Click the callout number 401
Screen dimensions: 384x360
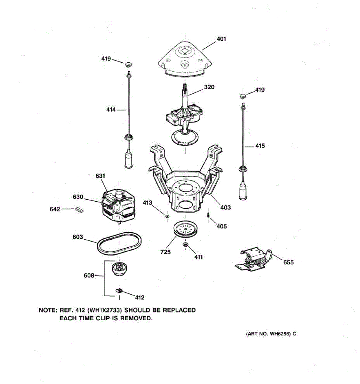(x=221, y=39)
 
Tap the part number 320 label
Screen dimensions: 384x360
(x=209, y=87)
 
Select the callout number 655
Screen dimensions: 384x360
(x=288, y=262)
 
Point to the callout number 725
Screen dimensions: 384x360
(x=165, y=252)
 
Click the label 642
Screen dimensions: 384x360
(x=55, y=209)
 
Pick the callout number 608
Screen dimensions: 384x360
(x=89, y=276)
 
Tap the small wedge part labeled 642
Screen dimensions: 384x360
(x=79, y=210)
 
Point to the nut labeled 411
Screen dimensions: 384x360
(x=185, y=245)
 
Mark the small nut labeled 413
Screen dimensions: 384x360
(x=167, y=216)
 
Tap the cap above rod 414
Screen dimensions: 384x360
(x=129, y=65)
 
